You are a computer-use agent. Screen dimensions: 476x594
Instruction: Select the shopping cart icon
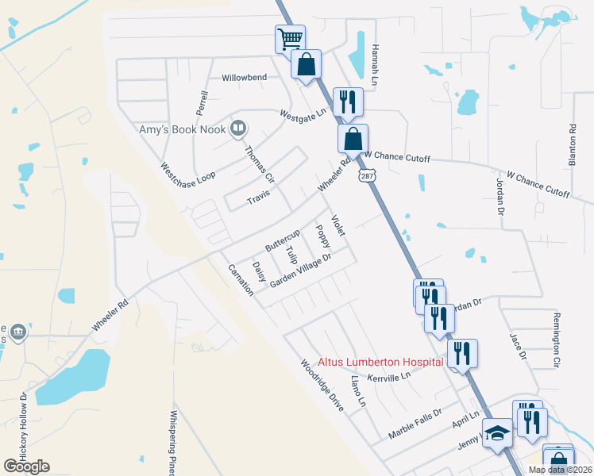click(x=290, y=38)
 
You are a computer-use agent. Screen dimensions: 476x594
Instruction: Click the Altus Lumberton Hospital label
click(x=380, y=362)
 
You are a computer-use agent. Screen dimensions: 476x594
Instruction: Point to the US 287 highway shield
click(x=366, y=176)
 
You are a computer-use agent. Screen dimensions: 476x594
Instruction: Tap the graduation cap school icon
click(x=497, y=434)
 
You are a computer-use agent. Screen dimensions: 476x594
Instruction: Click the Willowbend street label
click(x=245, y=78)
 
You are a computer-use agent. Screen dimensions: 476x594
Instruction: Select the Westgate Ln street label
click(x=303, y=114)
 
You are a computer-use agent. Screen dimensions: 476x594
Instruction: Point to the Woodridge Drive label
click(x=322, y=386)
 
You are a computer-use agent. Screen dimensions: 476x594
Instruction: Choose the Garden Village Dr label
click(x=300, y=271)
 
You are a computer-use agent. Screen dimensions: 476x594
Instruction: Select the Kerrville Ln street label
click(x=389, y=375)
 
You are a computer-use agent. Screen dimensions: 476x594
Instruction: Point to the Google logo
click(x=26, y=466)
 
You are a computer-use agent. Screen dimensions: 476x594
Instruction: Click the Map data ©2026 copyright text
click(x=561, y=470)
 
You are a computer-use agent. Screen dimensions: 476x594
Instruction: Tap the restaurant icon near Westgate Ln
click(x=348, y=102)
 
